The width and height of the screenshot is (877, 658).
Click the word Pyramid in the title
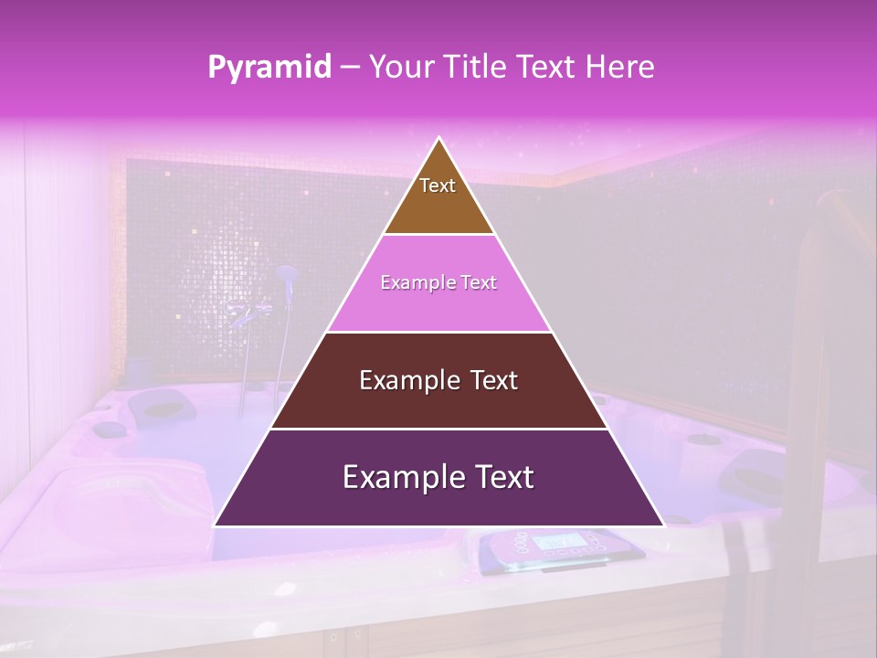[269, 68]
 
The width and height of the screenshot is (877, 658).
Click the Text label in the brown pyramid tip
[438, 186]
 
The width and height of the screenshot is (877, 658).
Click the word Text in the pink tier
[479, 283]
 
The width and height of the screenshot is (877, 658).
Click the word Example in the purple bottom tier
[401, 477]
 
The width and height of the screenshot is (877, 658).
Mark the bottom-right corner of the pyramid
[663, 525]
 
